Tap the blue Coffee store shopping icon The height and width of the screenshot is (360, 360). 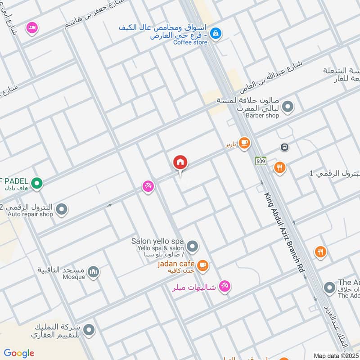point(216,33)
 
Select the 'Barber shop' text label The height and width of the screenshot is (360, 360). point(262,115)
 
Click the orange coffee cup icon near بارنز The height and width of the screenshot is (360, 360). point(244,143)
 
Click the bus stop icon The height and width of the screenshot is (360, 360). point(284,147)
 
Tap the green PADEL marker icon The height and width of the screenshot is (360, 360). point(38,183)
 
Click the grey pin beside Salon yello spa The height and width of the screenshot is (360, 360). point(193,246)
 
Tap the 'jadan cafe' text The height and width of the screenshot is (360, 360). point(176,263)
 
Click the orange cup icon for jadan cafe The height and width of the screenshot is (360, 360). point(202,265)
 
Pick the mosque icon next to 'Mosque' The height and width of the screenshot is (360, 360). point(94,272)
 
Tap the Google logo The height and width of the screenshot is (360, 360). point(19,353)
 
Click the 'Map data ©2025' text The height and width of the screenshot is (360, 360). point(336,355)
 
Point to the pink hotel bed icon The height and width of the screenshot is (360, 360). point(31,28)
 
